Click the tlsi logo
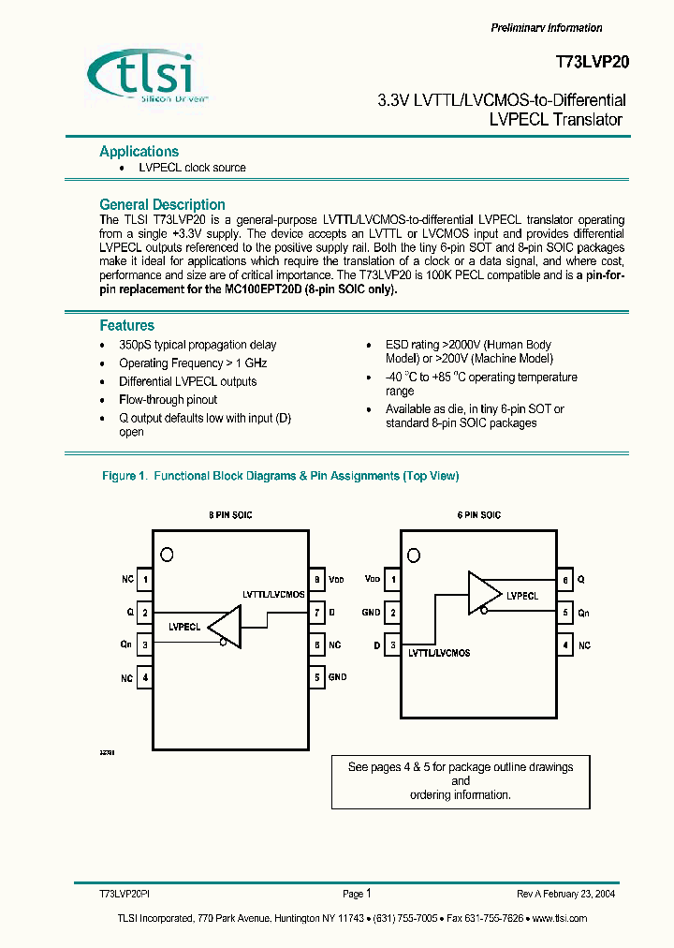coord(151,72)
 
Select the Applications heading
coord(139,151)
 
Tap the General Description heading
coord(162,204)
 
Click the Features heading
coord(126,325)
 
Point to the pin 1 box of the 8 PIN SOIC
coord(145,580)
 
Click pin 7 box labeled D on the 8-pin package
coord(317,613)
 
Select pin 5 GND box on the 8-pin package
coord(317,676)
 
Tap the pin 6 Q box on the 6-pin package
coord(565,580)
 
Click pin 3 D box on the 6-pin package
coord(393,645)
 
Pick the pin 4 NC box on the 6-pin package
coord(565,645)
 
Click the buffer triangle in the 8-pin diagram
coord(225,626)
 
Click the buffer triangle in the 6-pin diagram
coord(484,593)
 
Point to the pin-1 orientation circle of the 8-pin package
coord(167,554)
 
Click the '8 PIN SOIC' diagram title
coord(229,515)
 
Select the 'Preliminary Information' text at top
coord(547,28)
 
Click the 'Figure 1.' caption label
coord(124,476)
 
